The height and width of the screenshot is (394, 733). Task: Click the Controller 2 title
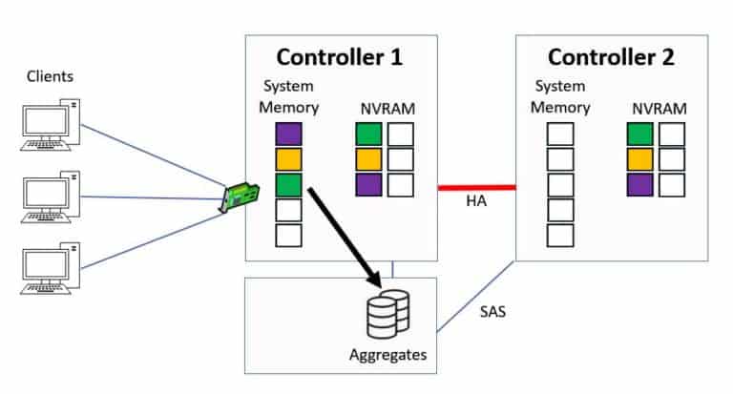tap(611, 56)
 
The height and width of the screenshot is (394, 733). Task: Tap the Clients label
tap(49, 75)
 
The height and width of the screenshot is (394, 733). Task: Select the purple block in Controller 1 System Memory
tap(288, 135)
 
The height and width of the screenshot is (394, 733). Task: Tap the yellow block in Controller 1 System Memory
tap(288, 159)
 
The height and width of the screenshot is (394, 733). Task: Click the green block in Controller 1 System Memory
tap(288, 184)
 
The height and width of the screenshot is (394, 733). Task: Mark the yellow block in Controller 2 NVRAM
tap(640, 159)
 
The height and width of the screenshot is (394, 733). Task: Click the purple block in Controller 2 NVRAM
tap(640, 184)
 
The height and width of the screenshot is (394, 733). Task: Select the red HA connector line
tap(476, 187)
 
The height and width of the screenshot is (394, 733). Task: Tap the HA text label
tap(477, 203)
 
